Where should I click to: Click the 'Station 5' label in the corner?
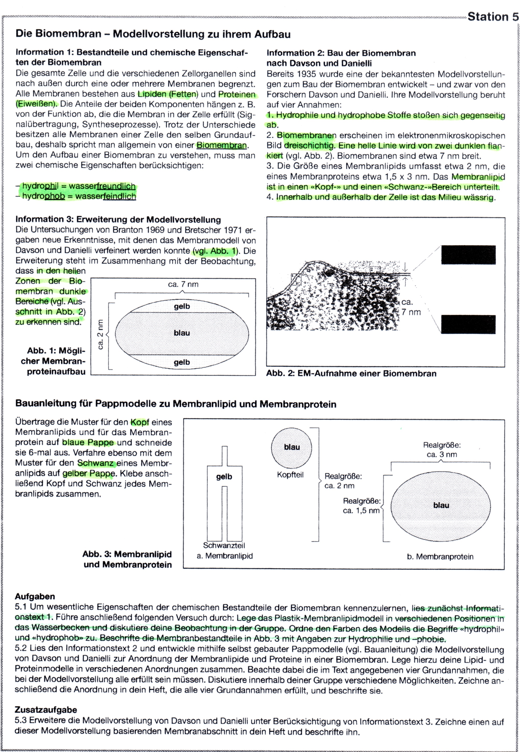[x=493, y=17]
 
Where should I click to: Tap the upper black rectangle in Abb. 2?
[x=468, y=255]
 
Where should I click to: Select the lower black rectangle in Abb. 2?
[x=468, y=324]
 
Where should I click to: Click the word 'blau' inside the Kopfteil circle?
[x=292, y=447]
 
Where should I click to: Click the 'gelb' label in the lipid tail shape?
[x=224, y=477]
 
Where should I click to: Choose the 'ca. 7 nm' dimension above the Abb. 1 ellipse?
[x=183, y=285]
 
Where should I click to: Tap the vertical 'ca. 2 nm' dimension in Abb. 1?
[x=100, y=334]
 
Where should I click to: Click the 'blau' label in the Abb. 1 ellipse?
[x=182, y=333]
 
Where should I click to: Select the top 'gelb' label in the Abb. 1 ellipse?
[x=182, y=306]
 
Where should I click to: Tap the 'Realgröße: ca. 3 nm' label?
[x=442, y=450]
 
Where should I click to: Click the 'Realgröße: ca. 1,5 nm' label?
[x=361, y=506]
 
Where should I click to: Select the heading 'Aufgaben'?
[x=35, y=597]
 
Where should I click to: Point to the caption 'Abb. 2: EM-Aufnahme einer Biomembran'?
[x=351, y=373]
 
